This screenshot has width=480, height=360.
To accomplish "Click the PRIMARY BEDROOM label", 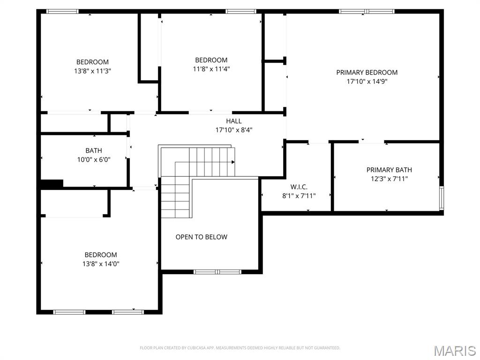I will (367, 72).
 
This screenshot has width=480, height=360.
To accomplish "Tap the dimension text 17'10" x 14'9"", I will (367, 81).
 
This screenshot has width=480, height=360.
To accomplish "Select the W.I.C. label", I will (299, 187).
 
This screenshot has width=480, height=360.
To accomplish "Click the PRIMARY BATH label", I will (389, 170).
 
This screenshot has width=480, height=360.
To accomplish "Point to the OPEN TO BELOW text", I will (201, 237).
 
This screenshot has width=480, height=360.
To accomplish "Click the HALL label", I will (234, 121).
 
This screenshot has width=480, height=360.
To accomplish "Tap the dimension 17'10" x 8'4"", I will (234, 130).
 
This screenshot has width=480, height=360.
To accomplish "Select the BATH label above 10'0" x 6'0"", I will (94, 150).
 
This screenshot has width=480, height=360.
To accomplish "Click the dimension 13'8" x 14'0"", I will (101, 263).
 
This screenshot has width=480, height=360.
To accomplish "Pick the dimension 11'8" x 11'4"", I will (211, 69).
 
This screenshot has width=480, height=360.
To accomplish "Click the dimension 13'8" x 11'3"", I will (92, 71).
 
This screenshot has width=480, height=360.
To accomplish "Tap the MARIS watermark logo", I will (455, 351).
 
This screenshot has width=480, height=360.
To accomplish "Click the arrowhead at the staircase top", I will (232, 162).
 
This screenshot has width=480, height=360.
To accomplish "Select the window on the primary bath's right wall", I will (441, 197).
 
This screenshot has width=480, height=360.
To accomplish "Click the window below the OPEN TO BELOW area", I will (217, 271).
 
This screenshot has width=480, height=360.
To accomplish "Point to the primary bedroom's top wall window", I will (367, 11).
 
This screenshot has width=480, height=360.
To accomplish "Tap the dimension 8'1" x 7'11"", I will (299, 195).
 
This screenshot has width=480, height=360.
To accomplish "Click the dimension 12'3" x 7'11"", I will (389, 179).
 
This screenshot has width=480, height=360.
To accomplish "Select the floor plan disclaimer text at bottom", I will (240, 348).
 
